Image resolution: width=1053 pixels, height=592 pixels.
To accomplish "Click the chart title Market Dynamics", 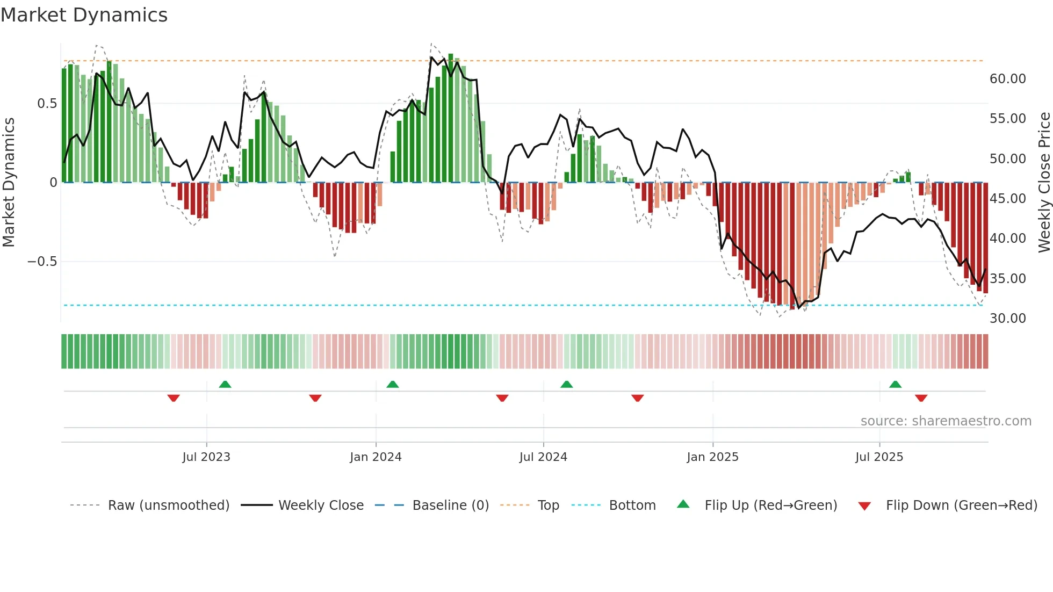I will [x=84, y=15].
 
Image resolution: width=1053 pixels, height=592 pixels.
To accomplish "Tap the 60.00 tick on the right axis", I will [x=1007, y=79].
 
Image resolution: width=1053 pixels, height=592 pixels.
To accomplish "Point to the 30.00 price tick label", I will [x=1007, y=319].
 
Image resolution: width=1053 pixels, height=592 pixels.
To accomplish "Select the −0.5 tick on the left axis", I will [x=42, y=262].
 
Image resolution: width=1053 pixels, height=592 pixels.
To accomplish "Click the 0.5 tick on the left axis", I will [x=47, y=104].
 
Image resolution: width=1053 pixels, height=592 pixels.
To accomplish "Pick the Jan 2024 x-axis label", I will [x=376, y=457].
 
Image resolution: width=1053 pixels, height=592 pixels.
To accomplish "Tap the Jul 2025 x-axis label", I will [x=879, y=457].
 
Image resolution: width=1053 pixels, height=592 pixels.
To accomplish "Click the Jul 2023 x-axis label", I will [x=206, y=457].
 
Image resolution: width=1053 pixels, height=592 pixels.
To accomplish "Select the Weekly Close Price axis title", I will [x=1044, y=183].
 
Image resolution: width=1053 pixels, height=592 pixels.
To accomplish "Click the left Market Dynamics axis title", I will [x=9, y=183].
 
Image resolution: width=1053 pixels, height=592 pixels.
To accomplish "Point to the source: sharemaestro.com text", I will [x=946, y=421].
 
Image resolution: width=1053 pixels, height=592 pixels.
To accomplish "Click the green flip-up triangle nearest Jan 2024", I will [x=393, y=385].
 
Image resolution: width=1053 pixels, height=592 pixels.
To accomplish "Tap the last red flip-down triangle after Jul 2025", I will [x=921, y=398].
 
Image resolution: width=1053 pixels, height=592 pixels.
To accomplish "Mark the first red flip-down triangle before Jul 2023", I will [x=174, y=398].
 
